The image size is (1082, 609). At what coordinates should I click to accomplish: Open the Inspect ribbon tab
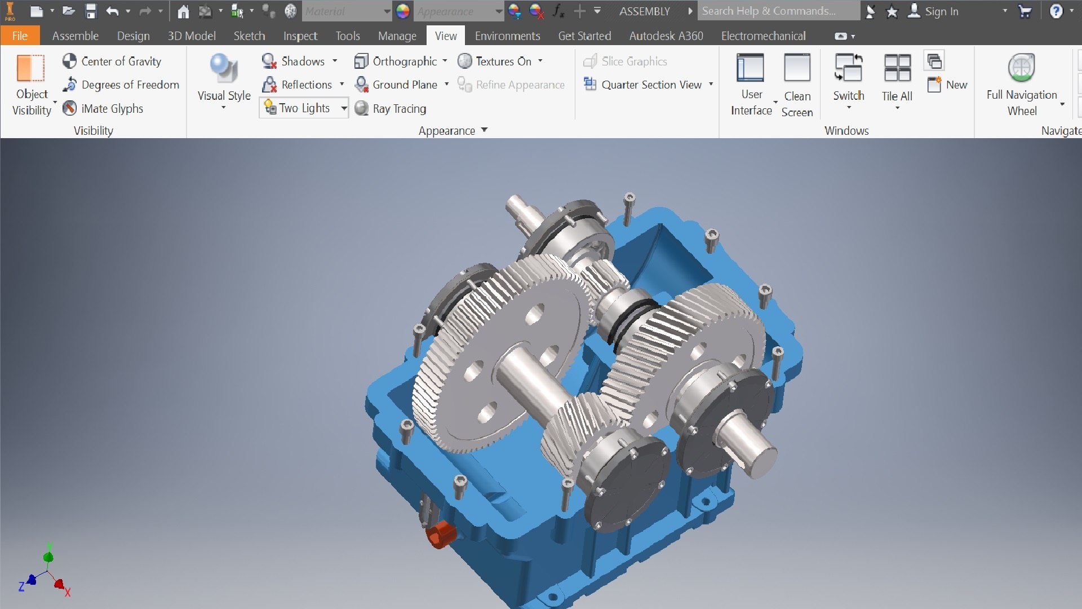[x=300, y=36]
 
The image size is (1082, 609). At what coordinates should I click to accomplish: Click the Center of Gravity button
[x=112, y=61]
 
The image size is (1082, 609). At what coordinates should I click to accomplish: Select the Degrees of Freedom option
[x=121, y=85]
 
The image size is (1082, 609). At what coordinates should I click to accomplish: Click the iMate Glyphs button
[x=103, y=108]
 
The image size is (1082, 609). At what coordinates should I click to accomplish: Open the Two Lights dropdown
[x=343, y=108]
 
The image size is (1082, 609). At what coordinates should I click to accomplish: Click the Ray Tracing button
[x=391, y=108]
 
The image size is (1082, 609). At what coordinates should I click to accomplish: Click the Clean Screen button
[x=797, y=85]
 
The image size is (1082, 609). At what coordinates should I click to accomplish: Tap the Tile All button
[x=897, y=79]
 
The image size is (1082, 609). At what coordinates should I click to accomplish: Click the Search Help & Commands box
[x=778, y=11]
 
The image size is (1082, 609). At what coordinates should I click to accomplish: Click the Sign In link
[x=941, y=11]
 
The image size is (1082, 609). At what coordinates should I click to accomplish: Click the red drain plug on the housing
[x=440, y=534]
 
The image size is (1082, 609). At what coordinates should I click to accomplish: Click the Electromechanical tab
[x=763, y=36]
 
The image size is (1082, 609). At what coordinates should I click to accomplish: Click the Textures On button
[x=495, y=61]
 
